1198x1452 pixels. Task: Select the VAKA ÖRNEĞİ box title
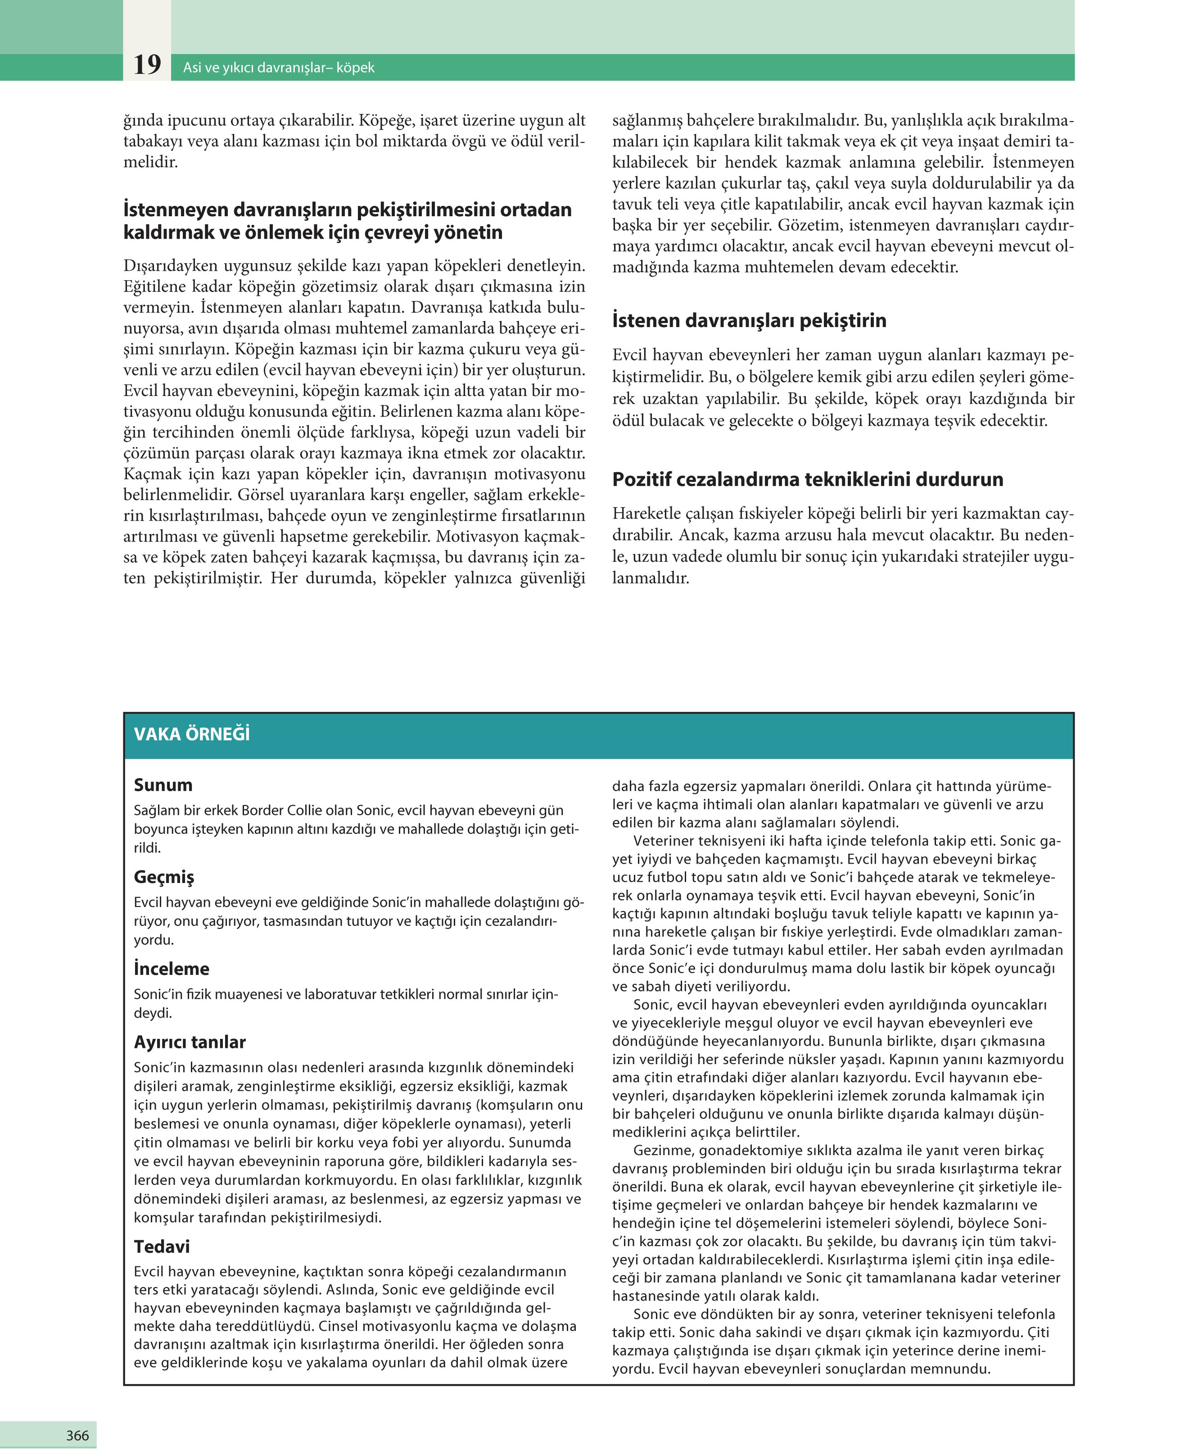192,734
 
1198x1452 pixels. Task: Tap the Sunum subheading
163,785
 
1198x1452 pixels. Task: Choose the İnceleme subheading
171,969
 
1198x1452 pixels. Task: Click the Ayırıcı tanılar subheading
190,1042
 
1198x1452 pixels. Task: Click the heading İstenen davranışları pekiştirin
749,320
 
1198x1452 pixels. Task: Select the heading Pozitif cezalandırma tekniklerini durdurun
807,479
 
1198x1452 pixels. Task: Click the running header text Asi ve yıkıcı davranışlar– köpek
279,68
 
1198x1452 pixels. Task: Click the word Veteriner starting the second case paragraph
665,841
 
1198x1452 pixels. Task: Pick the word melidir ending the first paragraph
150,162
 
